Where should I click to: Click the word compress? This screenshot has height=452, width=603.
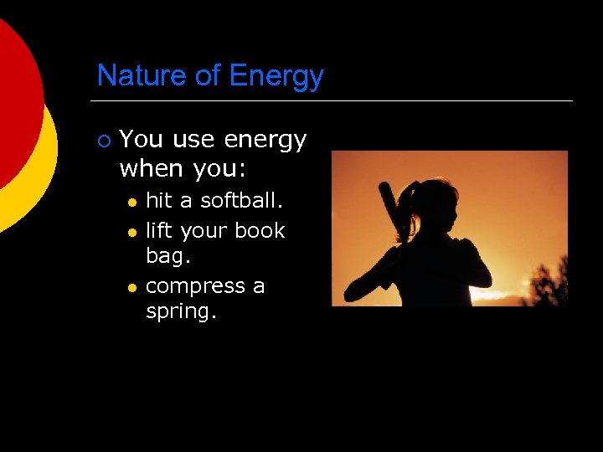coord(193,287)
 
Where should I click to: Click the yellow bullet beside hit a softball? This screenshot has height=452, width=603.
coord(131,203)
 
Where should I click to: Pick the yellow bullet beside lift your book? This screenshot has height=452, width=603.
coord(131,231)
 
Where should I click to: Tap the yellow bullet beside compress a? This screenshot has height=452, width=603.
coord(131,287)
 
